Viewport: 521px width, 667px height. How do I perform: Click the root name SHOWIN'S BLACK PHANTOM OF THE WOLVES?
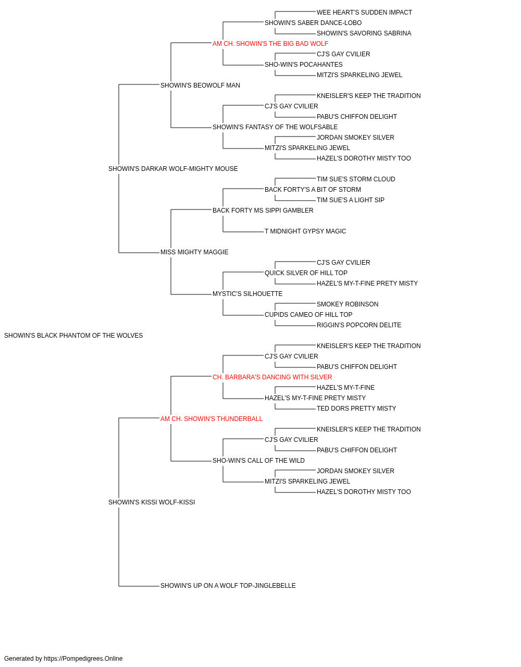(x=73, y=336)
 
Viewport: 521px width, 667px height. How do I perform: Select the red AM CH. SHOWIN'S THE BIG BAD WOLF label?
(x=270, y=44)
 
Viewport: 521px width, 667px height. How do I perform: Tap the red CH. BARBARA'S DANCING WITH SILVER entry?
(x=272, y=377)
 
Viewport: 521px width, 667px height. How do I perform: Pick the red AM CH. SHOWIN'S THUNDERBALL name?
(x=212, y=418)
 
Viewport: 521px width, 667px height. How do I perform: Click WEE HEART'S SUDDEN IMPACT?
(x=364, y=13)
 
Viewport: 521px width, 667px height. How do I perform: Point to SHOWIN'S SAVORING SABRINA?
(x=364, y=33)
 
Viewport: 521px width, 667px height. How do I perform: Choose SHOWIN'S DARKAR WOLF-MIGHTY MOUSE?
(x=173, y=169)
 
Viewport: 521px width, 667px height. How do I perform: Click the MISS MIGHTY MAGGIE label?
(x=194, y=252)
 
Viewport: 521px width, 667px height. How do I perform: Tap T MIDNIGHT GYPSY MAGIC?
(x=305, y=231)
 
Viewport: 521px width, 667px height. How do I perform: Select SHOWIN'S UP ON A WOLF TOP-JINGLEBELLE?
(x=228, y=585)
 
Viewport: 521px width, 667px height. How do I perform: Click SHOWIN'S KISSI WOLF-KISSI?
(x=152, y=502)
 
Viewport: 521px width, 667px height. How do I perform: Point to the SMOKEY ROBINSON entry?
(x=348, y=304)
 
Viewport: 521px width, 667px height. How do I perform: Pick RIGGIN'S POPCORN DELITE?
(x=358, y=325)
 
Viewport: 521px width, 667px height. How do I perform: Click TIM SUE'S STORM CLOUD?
(x=356, y=179)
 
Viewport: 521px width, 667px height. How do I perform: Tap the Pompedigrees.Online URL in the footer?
(x=83, y=659)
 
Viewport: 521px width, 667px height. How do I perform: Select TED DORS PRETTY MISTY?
(x=356, y=408)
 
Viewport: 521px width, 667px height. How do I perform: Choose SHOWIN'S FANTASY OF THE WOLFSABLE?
(x=275, y=127)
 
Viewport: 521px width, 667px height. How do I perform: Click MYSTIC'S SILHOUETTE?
(x=247, y=294)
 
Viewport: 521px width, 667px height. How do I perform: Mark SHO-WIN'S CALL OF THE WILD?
(x=258, y=461)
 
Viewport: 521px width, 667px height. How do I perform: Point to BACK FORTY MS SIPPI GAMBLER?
(x=263, y=210)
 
